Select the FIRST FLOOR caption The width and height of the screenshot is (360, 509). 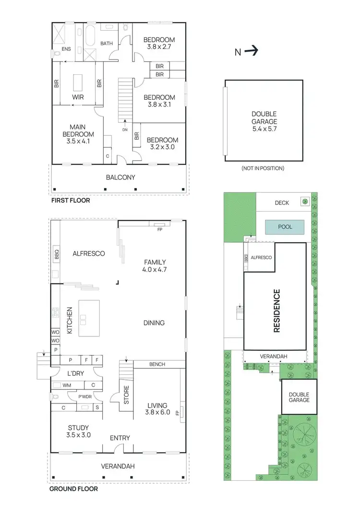tap(71, 201)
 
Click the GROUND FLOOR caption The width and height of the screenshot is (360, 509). tap(74, 489)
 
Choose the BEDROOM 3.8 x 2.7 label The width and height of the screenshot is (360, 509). tap(159, 43)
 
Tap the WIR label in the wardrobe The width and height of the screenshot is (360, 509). tap(78, 96)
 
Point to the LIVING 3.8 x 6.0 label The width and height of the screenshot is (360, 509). tap(158, 408)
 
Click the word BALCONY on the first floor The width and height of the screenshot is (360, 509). tap(120, 177)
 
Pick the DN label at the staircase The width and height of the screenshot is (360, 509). tap(125, 129)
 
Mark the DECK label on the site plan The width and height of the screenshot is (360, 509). tap(282, 202)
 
